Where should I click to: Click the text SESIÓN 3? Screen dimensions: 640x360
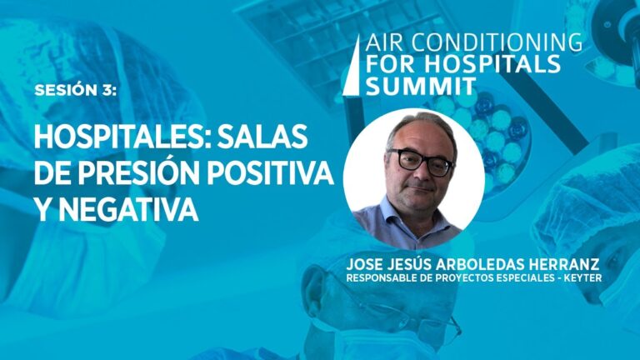click(76, 90)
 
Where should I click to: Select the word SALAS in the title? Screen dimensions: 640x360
click(262, 137)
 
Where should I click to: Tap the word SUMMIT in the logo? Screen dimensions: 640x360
click(421, 85)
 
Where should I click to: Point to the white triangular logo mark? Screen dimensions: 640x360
click(351, 65)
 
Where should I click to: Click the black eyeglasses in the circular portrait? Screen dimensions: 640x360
click(421, 162)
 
